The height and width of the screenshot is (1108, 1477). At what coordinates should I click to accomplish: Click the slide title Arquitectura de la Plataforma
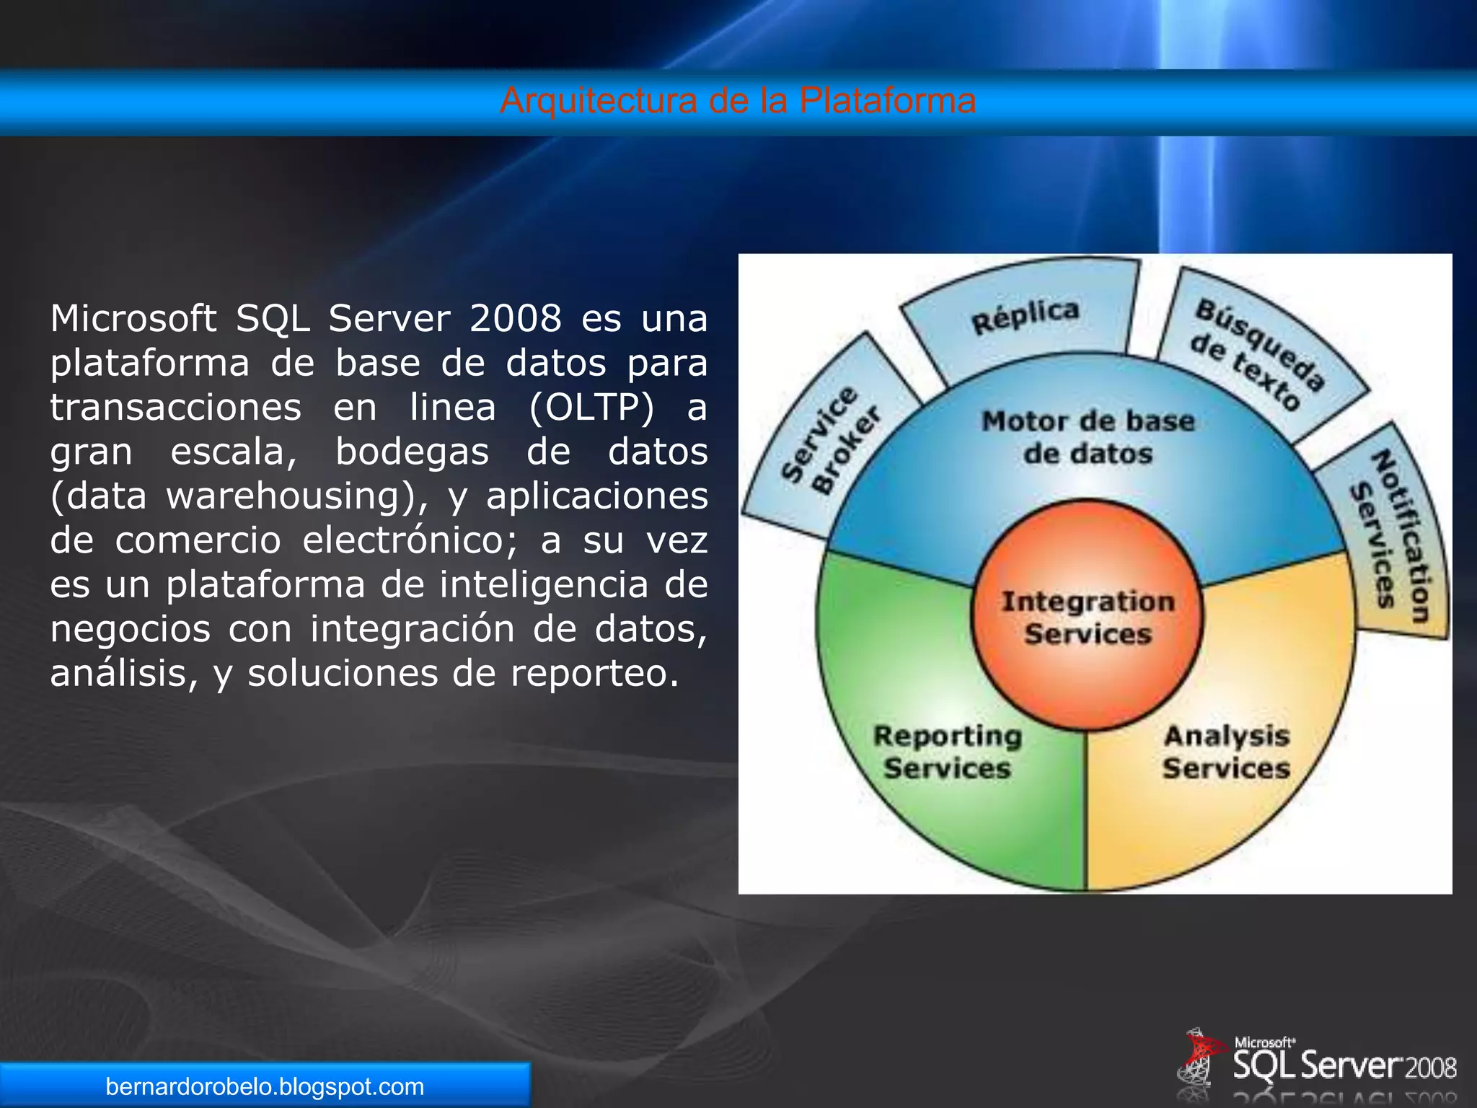738,100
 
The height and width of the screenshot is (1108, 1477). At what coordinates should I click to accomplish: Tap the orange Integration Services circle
1088,617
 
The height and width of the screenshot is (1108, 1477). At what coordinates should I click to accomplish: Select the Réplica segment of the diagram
1024,315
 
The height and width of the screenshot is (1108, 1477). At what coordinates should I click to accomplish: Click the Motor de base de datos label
1088,437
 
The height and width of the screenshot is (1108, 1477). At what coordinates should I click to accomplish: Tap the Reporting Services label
948,752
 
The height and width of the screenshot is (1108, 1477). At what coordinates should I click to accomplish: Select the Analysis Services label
1227,752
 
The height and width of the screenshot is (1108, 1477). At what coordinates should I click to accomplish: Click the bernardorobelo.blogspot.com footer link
265,1086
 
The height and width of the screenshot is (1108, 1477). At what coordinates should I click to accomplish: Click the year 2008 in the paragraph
515,318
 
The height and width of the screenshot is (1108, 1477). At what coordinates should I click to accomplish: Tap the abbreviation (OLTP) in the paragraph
591,407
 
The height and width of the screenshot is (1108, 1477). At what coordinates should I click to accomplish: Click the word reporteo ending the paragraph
594,673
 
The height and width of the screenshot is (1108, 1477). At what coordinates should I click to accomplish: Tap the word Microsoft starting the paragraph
133,318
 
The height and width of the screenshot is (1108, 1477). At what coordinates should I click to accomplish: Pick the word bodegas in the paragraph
412,452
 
